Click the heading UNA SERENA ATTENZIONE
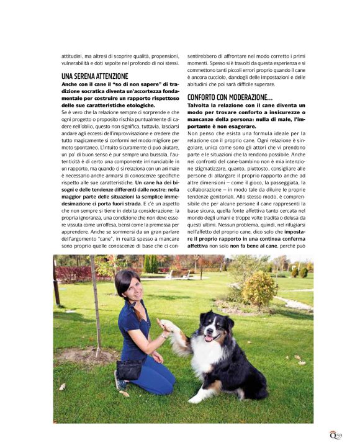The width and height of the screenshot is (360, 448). [x=95, y=76]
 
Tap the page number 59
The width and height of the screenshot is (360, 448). [x=340, y=436]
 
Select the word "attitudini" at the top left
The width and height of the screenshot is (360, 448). [x=73, y=54]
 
